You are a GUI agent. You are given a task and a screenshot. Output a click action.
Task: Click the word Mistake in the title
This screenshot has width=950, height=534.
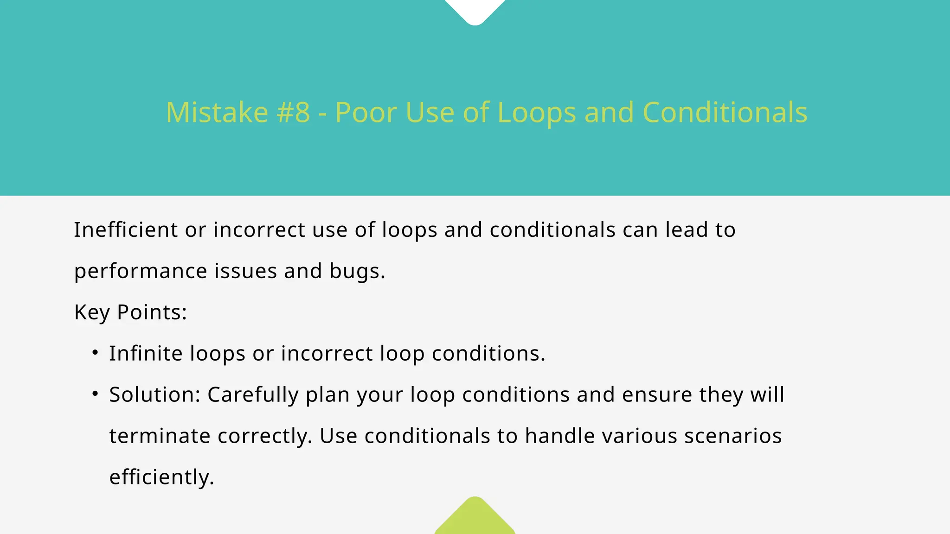coord(217,113)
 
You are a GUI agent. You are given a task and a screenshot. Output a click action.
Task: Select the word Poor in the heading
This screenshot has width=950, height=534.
coord(365,113)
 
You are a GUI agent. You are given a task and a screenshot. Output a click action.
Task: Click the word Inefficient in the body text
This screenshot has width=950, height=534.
coord(126,230)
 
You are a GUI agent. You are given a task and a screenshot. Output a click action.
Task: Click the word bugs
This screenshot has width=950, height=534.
coord(357,272)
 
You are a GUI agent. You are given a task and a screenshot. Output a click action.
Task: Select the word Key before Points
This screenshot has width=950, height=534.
coord(92,312)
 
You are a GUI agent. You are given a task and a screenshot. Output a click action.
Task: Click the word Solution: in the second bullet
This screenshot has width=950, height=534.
coord(154,395)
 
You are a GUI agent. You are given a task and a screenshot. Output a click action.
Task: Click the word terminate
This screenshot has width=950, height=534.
coord(160,436)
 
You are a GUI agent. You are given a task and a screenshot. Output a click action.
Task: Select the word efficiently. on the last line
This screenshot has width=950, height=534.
coord(161,477)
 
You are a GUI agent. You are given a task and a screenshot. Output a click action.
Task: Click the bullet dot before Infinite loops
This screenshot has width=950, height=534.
coord(95,353)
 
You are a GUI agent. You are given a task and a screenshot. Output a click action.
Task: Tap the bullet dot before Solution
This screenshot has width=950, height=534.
coord(95,394)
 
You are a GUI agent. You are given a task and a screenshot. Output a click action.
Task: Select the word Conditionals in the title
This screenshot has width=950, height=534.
coord(725,113)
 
